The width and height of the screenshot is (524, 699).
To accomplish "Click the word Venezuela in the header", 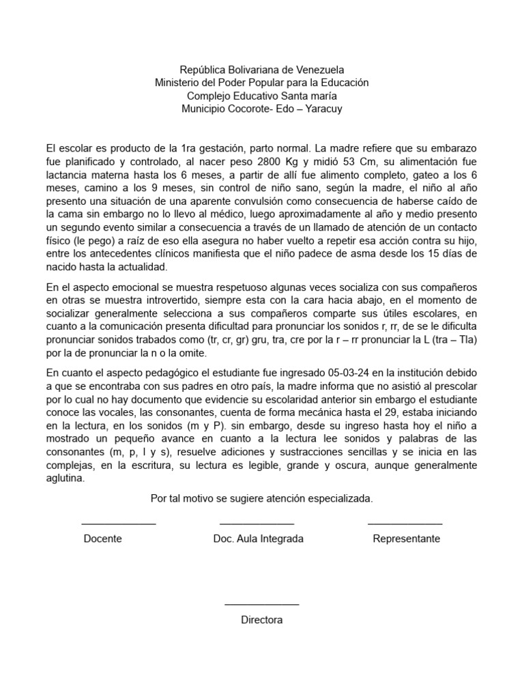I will point(320,70).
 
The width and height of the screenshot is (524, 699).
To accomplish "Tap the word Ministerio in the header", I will point(179,83).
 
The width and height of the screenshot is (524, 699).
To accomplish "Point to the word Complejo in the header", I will point(207,96).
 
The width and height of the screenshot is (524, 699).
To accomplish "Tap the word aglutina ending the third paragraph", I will point(65,478).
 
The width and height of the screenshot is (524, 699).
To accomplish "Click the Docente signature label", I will point(102,539).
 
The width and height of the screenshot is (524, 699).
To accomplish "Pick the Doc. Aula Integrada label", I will point(258,539).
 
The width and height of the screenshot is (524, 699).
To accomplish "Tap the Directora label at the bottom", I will point(261,620).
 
